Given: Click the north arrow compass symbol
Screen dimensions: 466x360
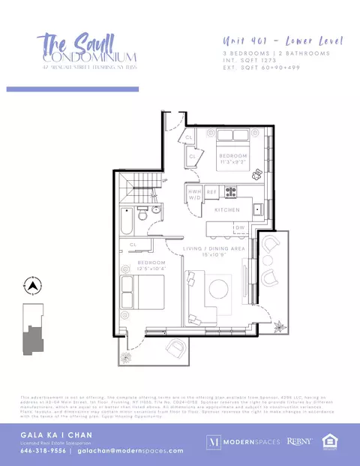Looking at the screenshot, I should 31,286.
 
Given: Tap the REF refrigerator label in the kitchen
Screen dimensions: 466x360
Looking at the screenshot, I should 211,193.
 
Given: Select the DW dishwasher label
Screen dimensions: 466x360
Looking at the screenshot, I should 240,227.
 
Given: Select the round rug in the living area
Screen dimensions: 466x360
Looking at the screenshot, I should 219,288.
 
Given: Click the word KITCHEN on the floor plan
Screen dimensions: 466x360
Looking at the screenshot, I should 227,210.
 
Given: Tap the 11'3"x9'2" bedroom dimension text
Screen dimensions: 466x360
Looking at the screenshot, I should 232,162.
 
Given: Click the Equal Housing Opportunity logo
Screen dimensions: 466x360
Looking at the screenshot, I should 328,441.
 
